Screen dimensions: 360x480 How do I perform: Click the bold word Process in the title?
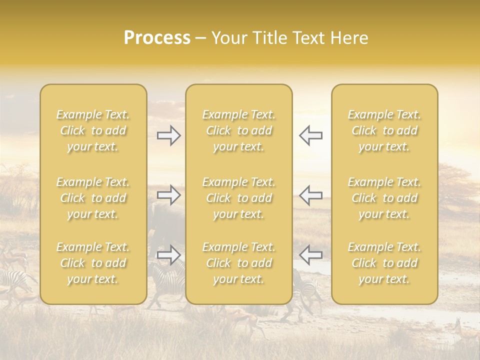pos(157,38)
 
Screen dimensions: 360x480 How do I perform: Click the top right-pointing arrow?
pos(169,135)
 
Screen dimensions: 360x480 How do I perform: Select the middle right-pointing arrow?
pos(169,194)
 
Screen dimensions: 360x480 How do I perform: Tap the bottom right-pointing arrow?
pos(169,255)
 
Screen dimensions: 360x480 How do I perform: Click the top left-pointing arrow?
pos(310,135)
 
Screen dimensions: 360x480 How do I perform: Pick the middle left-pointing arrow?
pos(310,194)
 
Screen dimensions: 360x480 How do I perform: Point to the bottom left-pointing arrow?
pos(310,255)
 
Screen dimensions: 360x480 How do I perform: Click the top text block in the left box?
pos(93,130)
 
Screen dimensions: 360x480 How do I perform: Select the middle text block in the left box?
pos(93,198)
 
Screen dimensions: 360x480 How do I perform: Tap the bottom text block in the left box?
pos(93,263)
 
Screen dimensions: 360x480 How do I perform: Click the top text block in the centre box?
pos(238,130)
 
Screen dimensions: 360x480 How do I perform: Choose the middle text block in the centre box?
pos(238,198)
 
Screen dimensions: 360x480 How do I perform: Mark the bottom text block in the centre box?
pos(238,263)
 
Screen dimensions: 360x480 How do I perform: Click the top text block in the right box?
pos(384,130)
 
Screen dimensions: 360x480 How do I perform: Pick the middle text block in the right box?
pos(384,198)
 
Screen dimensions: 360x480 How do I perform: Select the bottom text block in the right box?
pos(384,263)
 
